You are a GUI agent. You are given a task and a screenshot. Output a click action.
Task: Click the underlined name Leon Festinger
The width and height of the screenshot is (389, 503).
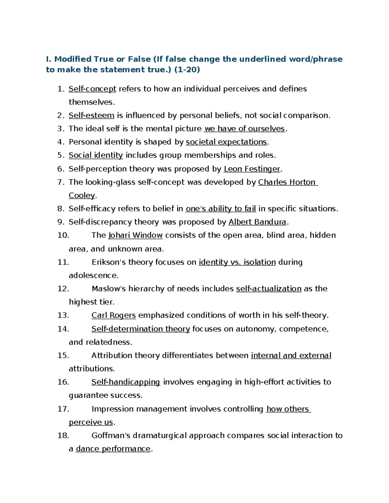point(252,169)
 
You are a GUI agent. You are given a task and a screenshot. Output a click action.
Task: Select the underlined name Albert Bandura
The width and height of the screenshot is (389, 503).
point(257,222)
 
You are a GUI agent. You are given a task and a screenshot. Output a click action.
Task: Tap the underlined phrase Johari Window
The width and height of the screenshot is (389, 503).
point(136,235)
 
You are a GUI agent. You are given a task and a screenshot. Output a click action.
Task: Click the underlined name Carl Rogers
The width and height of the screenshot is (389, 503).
point(113,315)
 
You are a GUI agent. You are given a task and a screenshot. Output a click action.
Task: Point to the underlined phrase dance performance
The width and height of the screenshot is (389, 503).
point(113,449)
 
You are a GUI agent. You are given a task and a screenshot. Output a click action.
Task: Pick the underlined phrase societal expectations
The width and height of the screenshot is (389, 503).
point(226,142)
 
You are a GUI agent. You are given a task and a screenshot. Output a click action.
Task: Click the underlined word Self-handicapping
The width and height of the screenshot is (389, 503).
point(126,382)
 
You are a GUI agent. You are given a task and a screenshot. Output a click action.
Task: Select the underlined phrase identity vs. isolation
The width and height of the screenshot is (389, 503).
point(237,262)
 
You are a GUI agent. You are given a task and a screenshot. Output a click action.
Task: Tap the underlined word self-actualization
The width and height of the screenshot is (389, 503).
point(269,289)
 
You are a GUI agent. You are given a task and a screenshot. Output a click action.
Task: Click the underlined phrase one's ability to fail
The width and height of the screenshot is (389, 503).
point(220,209)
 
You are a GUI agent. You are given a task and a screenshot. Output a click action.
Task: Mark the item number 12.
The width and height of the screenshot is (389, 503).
point(63,289)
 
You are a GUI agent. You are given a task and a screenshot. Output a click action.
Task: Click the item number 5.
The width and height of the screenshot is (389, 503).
point(61,155)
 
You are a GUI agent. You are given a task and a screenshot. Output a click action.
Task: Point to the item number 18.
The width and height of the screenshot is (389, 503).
point(63,435)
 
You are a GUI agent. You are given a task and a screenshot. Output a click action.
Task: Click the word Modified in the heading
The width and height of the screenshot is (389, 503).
point(73,59)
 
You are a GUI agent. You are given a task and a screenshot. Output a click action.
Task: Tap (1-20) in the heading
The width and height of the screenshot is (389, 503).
point(187,69)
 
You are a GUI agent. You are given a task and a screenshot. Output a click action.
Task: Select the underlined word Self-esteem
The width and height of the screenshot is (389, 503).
point(91,115)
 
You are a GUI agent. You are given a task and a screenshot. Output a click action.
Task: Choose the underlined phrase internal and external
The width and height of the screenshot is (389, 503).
point(291,355)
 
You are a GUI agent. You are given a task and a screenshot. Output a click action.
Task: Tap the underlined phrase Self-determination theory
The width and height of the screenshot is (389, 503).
point(141,329)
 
